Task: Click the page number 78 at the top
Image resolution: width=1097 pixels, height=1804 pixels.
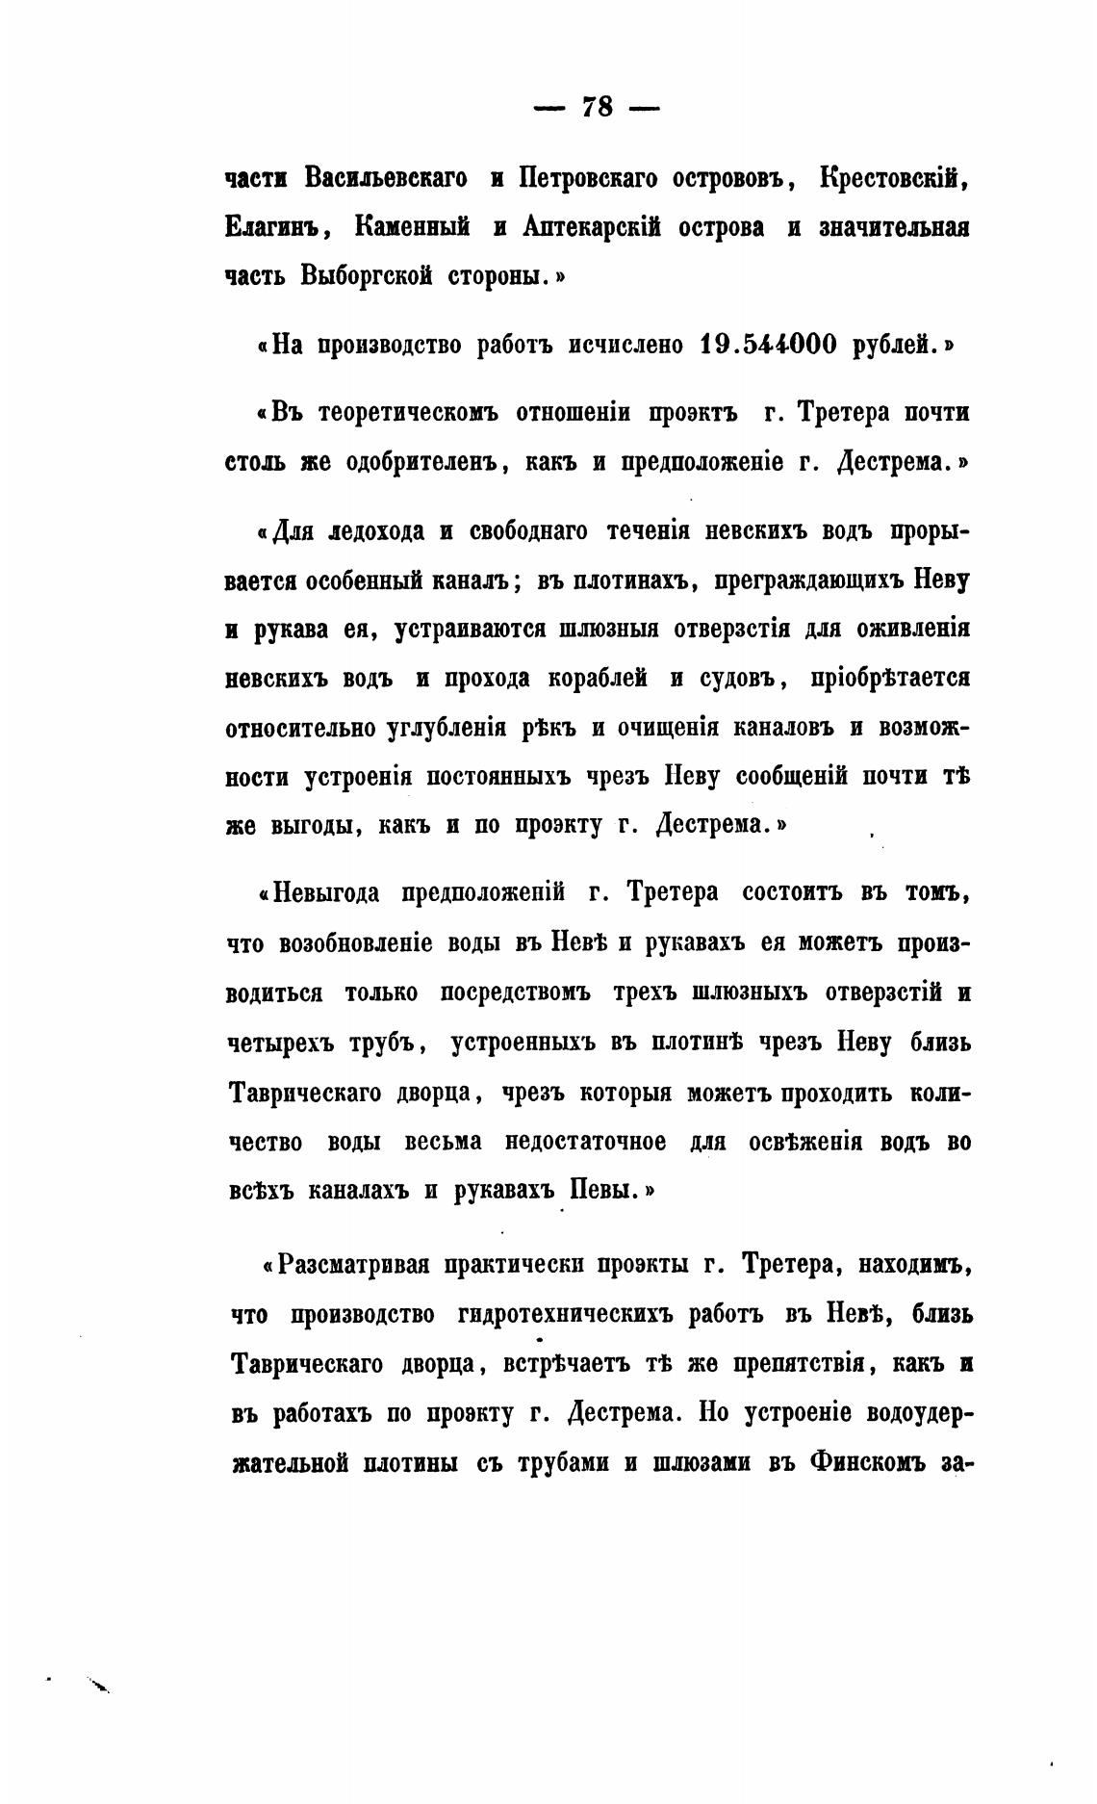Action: pos(597,107)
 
